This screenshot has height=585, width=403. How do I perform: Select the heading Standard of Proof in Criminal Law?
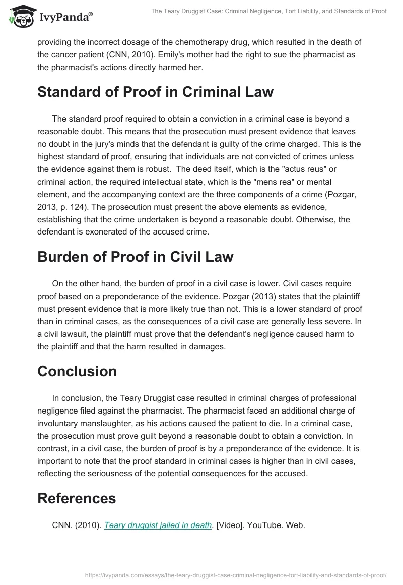coord(155,92)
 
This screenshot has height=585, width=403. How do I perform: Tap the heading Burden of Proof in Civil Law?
coord(135,256)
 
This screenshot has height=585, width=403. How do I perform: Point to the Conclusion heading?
coord(77,371)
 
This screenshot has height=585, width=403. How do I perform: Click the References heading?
coord(77,498)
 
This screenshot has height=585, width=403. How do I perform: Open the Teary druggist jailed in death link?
coord(158,525)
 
